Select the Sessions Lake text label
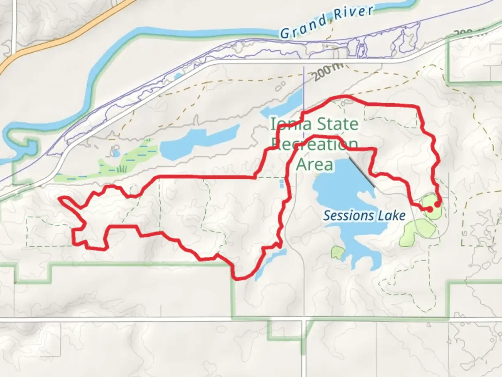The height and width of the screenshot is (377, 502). [364, 216]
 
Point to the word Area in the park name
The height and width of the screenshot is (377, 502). [314, 164]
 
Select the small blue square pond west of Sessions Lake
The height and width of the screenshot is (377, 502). [282, 183]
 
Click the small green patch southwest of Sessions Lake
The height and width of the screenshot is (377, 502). [337, 252]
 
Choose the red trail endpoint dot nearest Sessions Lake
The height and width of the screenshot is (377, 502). [430, 209]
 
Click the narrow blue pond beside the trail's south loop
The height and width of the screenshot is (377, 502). [268, 262]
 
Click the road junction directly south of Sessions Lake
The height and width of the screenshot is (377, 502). [305, 319]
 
